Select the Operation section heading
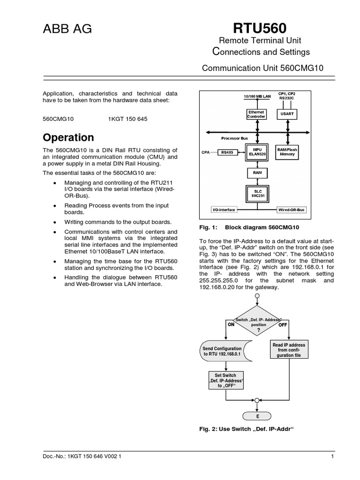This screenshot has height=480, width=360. pos(68,138)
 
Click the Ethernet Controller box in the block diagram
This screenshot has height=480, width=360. pos(256,114)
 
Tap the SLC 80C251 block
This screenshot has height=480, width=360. pos(256,193)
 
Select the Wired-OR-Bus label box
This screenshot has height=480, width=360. pos(292,210)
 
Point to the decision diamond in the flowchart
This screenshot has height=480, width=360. pos(257,323)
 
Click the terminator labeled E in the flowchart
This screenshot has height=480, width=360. pos(257,416)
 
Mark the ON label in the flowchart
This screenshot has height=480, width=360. pos(231,324)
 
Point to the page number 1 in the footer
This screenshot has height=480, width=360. pos(332,456)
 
